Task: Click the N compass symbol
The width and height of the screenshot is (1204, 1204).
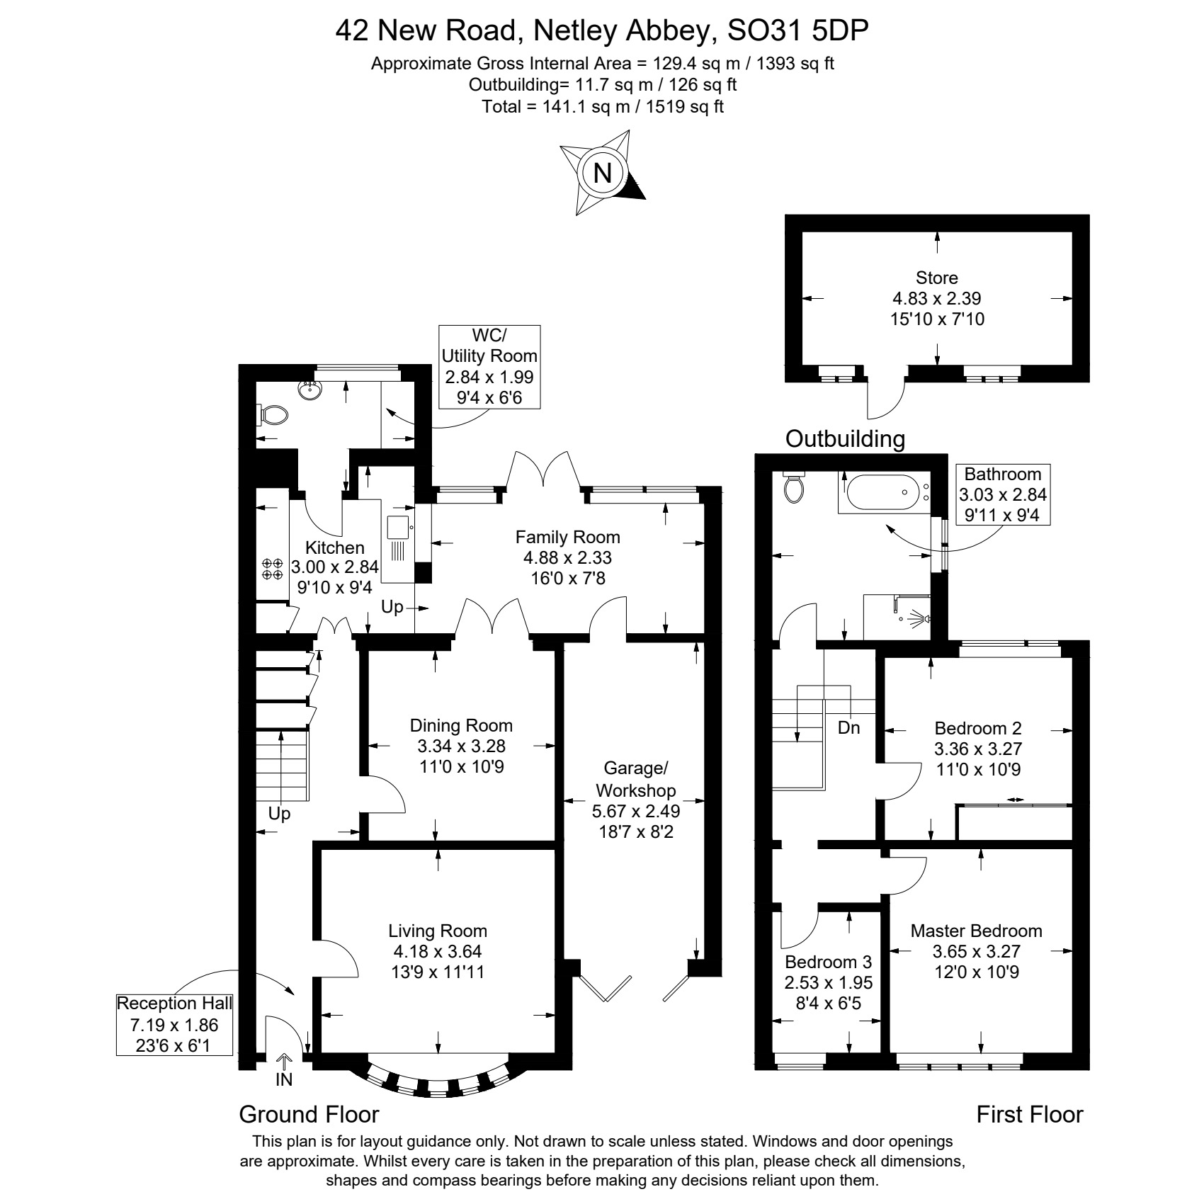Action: (x=603, y=172)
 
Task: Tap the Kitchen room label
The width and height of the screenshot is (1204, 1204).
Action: (x=335, y=547)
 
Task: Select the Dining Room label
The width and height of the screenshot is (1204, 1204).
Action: (x=461, y=725)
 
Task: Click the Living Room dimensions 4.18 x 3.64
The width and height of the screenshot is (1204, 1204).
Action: (x=438, y=951)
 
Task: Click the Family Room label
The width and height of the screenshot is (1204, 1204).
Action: (x=568, y=537)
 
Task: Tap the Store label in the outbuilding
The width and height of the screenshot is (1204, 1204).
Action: (x=937, y=278)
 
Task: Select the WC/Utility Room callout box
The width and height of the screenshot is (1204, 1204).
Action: (x=489, y=367)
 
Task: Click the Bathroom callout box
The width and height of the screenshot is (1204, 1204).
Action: (x=1003, y=494)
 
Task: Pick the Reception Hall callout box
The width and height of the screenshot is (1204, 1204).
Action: (x=174, y=1024)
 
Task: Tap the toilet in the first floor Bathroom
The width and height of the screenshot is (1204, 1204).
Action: (x=794, y=486)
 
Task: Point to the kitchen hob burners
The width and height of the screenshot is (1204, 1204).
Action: (x=272, y=569)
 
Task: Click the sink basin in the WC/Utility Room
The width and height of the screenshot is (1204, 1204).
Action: (x=309, y=390)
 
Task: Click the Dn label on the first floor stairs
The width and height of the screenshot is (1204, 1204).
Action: (x=848, y=727)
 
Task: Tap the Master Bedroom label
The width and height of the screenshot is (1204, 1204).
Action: (x=977, y=931)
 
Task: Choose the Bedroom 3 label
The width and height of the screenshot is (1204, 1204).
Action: (x=828, y=962)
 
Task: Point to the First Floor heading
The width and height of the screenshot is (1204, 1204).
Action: (x=1030, y=1114)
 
